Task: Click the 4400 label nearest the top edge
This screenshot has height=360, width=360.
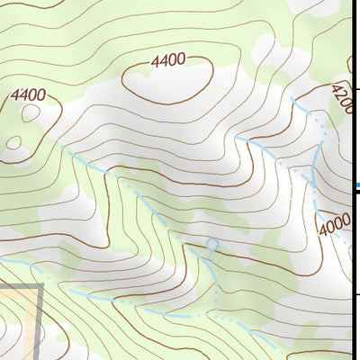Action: (168, 61)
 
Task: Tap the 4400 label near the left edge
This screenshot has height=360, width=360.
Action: (28, 94)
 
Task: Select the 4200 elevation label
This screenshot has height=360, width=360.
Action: (342, 98)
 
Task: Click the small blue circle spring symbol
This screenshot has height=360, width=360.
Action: (211, 244)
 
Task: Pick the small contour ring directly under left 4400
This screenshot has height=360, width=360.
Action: (31, 113)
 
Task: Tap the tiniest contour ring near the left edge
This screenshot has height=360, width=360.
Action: (13, 141)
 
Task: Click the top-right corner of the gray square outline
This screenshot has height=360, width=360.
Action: (41, 287)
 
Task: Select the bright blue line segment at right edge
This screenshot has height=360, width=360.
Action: (356, 186)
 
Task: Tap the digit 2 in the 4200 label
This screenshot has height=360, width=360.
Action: (339, 94)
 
